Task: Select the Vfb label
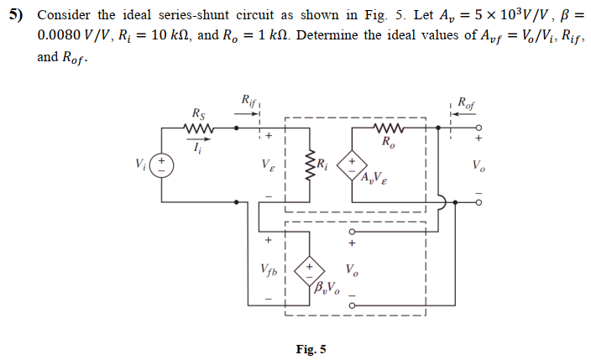pyautogui.click(x=268, y=272)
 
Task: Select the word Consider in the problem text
pyautogui.click(x=64, y=16)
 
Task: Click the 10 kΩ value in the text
pyautogui.click(x=159, y=38)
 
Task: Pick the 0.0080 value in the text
pyautogui.click(x=60, y=38)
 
